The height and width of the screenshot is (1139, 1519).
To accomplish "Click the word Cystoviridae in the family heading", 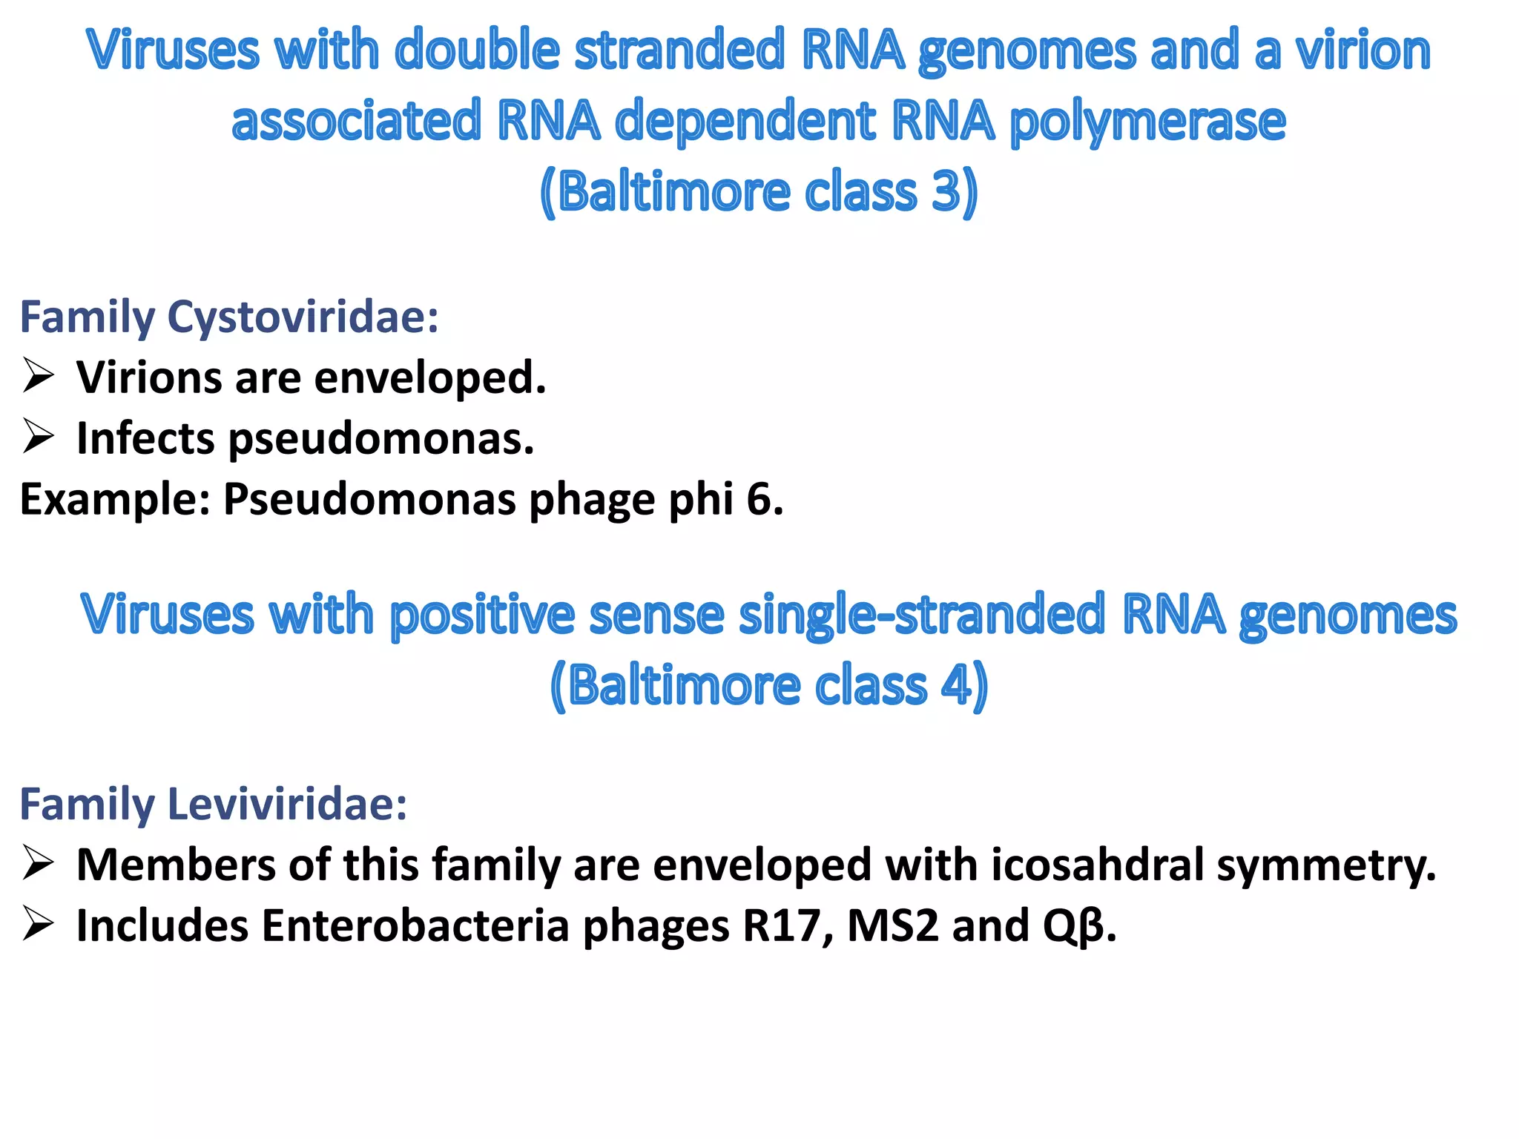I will tap(303, 317).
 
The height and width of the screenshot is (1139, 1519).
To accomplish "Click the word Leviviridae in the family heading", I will tap(288, 804).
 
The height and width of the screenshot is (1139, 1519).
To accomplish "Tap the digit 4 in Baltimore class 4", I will tap(956, 685).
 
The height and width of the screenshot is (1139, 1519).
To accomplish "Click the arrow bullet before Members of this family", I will tap(38, 863).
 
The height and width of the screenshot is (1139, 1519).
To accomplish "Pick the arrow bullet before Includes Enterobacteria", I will tap(38, 924).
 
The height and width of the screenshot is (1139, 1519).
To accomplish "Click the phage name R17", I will tap(786, 925).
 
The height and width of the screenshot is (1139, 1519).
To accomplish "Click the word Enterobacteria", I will tap(415, 925).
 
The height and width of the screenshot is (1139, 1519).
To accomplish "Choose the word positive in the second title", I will tap(482, 616).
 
